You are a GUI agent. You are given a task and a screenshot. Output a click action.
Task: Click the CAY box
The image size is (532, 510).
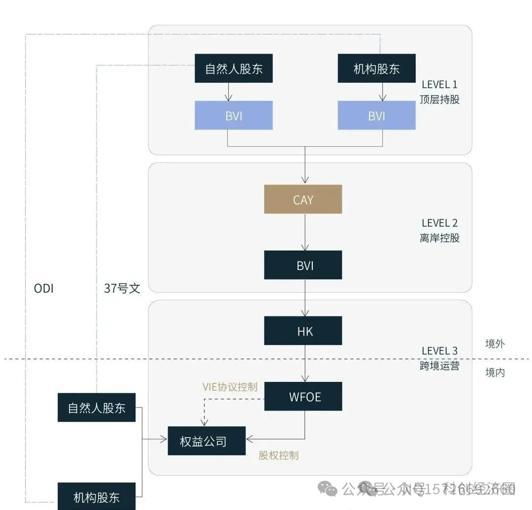point(303,199)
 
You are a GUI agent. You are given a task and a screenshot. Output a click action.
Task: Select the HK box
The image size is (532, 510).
point(303,331)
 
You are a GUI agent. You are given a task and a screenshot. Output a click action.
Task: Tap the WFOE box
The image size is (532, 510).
point(303,396)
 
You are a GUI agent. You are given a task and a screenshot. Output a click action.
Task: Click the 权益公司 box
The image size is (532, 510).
point(206,441)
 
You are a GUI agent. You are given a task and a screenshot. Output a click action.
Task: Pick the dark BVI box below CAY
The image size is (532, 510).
point(303,265)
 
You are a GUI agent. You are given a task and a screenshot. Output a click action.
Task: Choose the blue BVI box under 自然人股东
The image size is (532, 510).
point(233,115)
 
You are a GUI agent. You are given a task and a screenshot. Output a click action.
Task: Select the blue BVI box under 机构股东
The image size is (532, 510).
point(376,115)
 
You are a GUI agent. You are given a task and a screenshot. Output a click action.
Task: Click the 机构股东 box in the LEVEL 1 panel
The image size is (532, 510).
point(376,68)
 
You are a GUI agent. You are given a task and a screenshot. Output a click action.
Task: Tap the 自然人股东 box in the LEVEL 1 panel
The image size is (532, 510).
point(233,68)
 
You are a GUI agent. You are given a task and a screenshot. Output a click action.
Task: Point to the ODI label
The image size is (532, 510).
point(43,288)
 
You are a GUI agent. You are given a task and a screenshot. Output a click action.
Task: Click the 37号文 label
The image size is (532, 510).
point(122,288)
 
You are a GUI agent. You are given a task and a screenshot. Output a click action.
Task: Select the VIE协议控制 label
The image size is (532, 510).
point(230,387)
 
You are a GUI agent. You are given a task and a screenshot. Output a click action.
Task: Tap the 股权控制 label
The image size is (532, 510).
point(278,455)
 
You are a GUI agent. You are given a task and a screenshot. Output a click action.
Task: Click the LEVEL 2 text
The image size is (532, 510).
point(439,223)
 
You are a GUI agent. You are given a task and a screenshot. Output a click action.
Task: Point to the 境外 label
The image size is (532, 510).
point(495,344)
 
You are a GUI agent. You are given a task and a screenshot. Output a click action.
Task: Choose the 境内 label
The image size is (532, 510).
point(495,373)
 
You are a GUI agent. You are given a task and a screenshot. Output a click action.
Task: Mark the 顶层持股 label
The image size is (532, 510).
point(439,99)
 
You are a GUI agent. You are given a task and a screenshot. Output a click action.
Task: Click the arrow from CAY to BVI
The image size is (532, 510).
point(305,232)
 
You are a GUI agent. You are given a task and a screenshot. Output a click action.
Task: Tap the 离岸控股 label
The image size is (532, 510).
point(439,238)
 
